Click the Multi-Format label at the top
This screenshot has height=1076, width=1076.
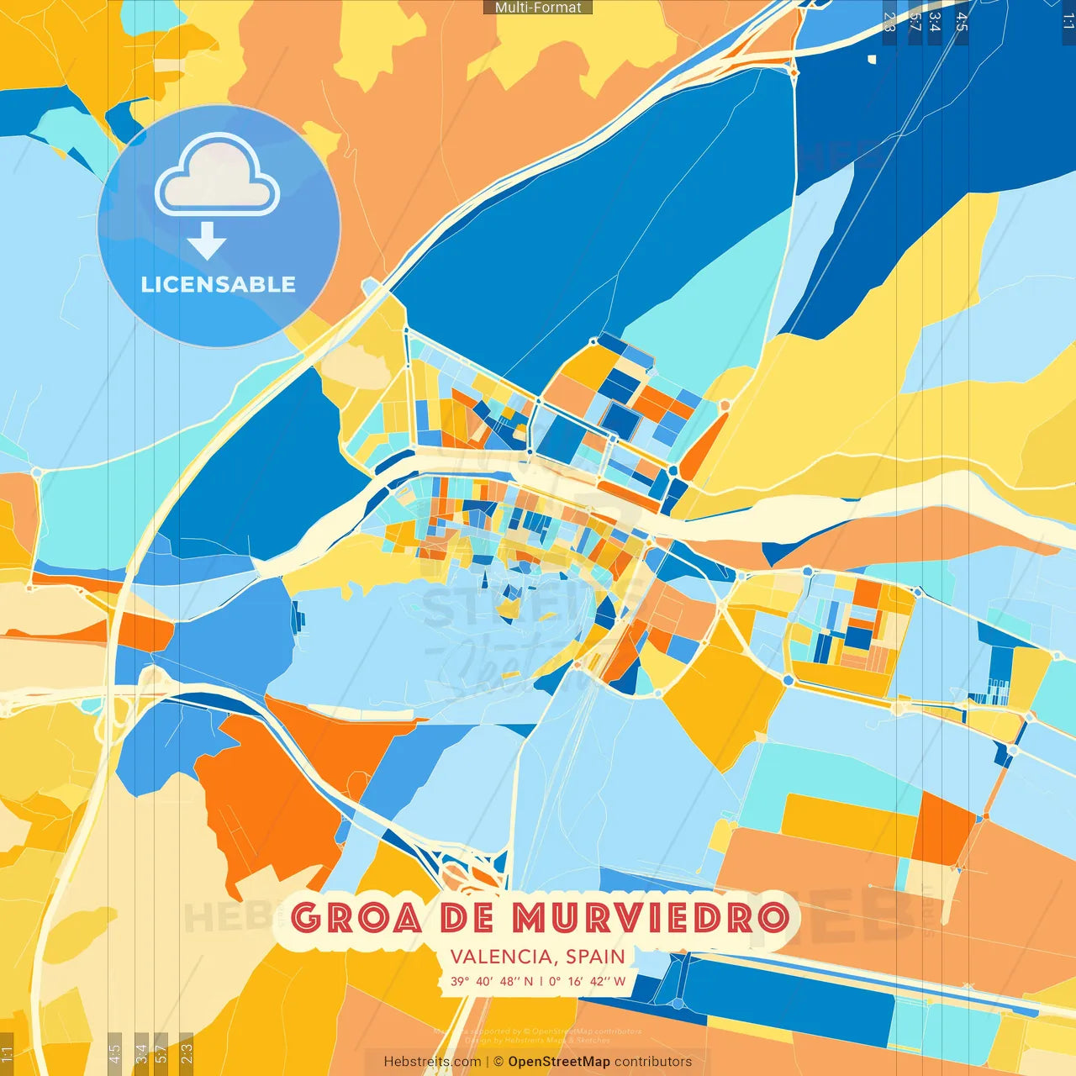click(538, 8)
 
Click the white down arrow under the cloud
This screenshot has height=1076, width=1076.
click(207, 242)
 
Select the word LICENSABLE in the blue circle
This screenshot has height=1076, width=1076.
click(218, 285)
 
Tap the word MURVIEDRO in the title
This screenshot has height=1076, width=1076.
click(651, 917)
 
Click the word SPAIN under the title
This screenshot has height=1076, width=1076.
click(595, 957)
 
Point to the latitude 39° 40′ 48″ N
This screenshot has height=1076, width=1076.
click(491, 981)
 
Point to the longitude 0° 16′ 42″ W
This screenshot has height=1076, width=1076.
click(587, 981)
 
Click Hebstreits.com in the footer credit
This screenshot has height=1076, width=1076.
click(432, 1062)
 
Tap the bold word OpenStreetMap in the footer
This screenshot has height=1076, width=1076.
click(559, 1062)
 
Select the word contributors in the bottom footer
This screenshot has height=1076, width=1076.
click(653, 1062)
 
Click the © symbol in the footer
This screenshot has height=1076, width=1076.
click(498, 1062)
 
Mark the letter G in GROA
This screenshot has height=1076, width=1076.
click(308, 917)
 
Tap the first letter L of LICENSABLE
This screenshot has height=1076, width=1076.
click(147, 285)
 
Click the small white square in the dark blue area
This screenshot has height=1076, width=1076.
click(872, 59)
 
